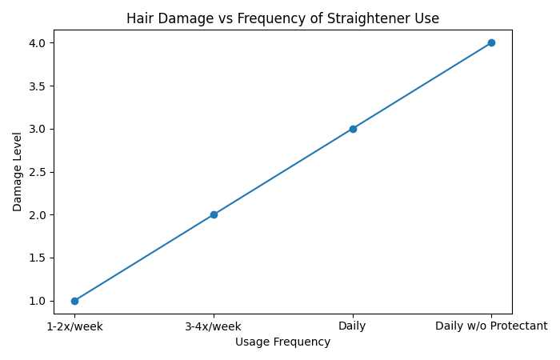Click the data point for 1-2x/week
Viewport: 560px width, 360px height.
pyautogui.click(x=74, y=301)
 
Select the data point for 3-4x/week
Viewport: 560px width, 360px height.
pyautogui.click(x=214, y=214)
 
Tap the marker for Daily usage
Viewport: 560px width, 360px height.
pyautogui.click(x=353, y=129)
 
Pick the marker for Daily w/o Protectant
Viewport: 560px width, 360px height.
pyautogui.click(x=491, y=42)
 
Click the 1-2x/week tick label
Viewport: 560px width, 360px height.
pyautogui.click(x=74, y=326)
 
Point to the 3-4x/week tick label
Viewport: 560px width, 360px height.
pyautogui.click(x=214, y=326)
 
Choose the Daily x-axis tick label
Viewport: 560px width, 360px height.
pyautogui.click(x=353, y=326)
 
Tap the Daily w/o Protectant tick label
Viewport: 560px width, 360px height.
pyautogui.click(x=491, y=326)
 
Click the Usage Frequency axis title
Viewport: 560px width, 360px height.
pyautogui.click(x=283, y=342)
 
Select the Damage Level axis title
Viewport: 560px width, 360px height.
pyautogui.click(x=18, y=171)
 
